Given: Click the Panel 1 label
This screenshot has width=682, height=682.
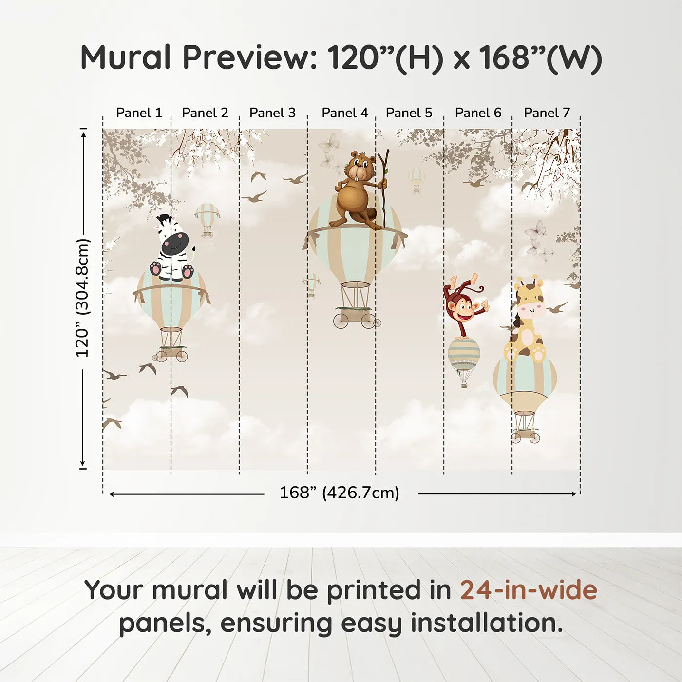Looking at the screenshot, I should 139,113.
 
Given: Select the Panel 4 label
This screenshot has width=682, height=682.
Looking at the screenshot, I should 344,113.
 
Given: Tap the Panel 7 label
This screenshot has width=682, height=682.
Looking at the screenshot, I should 547,113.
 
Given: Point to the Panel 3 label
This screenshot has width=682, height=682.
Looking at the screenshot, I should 272,113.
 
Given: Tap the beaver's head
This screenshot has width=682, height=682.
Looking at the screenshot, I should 360,166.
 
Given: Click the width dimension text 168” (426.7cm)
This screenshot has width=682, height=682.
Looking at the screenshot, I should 339,493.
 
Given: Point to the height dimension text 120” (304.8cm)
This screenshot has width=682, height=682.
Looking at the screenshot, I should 82,298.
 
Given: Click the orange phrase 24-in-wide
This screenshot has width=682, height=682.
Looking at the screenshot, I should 529,590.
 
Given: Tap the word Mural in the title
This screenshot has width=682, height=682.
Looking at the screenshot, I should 125,57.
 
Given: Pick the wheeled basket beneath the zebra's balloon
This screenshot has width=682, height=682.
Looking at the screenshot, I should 171,353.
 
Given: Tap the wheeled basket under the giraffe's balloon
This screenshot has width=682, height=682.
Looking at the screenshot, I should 525,434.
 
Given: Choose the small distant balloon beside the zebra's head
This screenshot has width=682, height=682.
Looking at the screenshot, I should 208,217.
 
